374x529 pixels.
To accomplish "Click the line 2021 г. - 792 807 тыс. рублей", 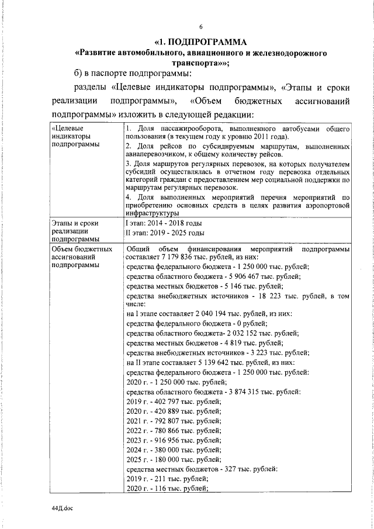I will (x=174, y=419).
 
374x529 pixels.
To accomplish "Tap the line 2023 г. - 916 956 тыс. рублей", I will (x=174, y=438).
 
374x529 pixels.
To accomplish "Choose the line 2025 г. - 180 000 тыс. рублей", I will (x=174, y=458).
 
